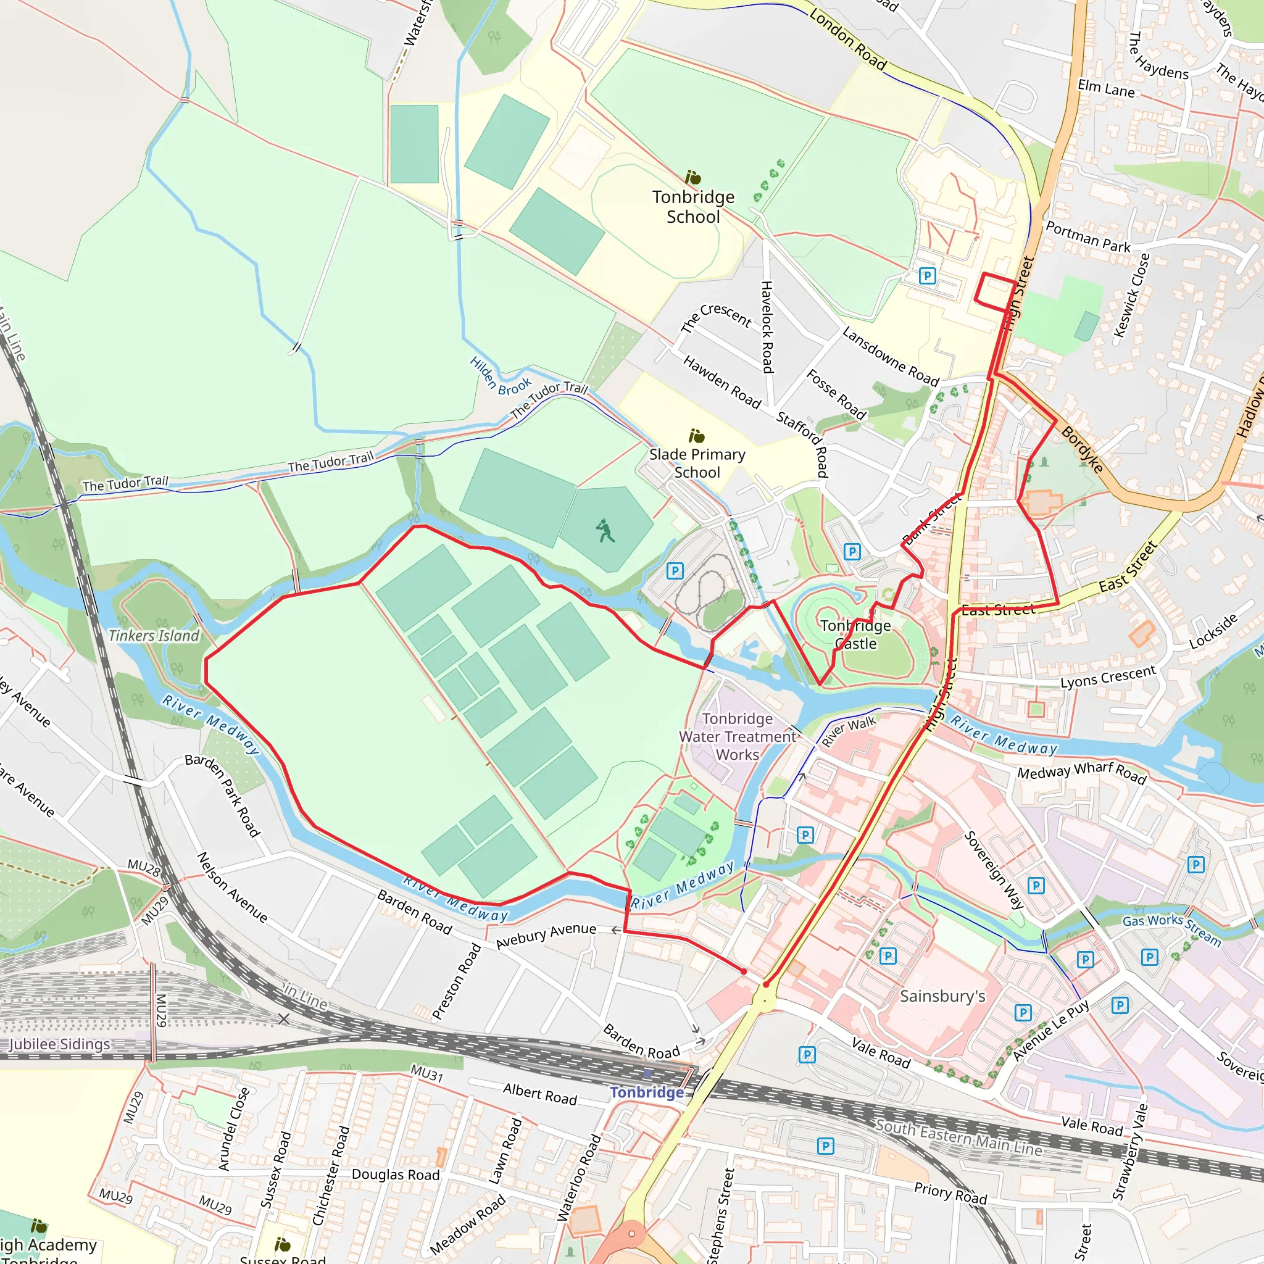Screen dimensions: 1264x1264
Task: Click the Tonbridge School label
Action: [x=693, y=207]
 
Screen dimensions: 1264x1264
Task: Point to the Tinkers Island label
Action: [x=154, y=635]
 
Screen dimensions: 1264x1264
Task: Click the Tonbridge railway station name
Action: [x=646, y=1092]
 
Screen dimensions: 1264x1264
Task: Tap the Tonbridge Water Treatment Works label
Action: [x=738, y=736]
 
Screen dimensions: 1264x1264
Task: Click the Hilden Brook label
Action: [x=500, y=378]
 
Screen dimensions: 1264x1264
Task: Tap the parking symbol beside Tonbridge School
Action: [x=926, y=275]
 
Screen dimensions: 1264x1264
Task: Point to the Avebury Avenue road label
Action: [x=546, y=936]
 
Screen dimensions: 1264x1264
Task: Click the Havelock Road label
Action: [x=767, y=326]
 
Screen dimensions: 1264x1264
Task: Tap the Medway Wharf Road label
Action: [x=1081, y=773]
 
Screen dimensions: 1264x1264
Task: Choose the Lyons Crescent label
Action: [x=1108, y=677]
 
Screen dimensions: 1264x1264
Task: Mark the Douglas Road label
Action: [x=395, y=1175]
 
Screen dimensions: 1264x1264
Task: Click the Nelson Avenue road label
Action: [x=232, y=887]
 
